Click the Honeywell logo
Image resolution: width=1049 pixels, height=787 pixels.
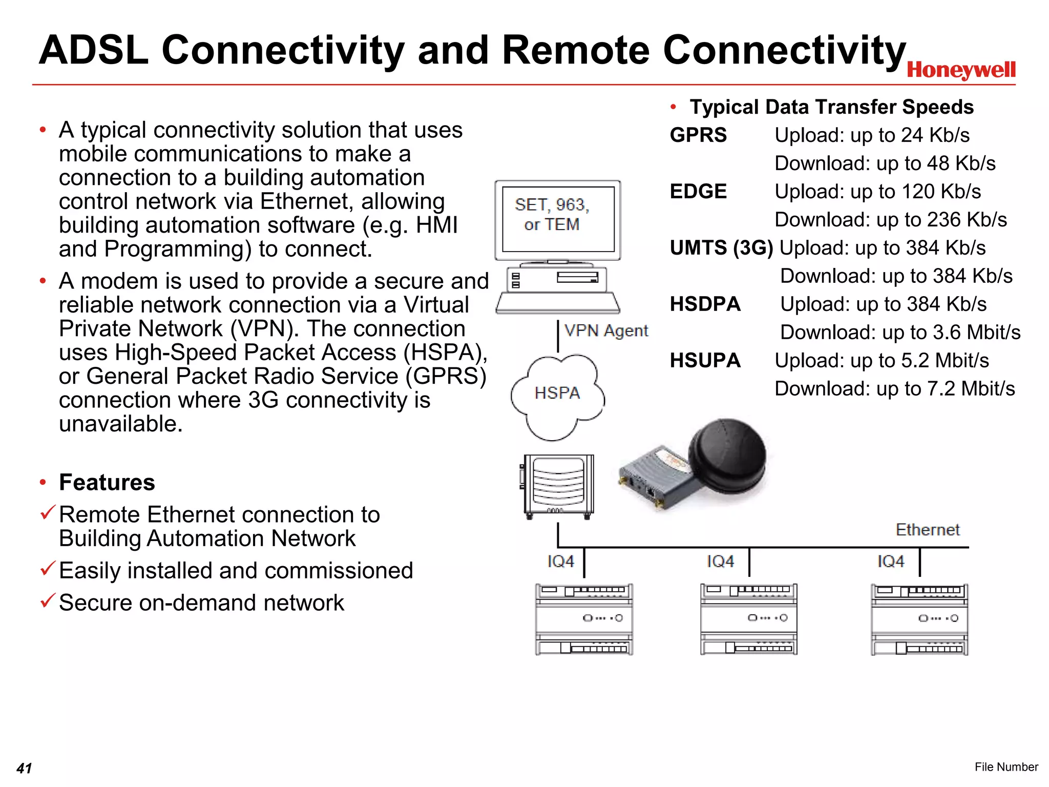961,70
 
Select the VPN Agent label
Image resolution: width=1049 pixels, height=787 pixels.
606,331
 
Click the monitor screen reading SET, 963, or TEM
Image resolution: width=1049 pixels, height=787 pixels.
558,219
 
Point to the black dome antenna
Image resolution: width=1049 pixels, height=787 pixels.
727,455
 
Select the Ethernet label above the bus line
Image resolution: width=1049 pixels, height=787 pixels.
927,530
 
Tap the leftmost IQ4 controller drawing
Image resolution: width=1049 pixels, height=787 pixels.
584,619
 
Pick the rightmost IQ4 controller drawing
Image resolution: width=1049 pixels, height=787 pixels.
919,619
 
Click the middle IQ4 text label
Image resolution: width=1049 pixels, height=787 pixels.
720,562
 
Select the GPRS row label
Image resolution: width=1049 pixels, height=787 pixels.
698,135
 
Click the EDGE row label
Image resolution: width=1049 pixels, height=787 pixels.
698,192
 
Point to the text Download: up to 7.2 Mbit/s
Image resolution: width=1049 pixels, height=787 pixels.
894,389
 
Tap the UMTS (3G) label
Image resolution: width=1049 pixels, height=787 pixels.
721,248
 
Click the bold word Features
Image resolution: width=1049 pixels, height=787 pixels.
107,483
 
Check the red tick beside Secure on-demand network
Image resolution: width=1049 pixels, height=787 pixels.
47,600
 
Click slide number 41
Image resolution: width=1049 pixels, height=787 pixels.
24,768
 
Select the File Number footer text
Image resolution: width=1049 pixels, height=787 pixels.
1006,767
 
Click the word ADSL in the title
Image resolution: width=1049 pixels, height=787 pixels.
93,50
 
